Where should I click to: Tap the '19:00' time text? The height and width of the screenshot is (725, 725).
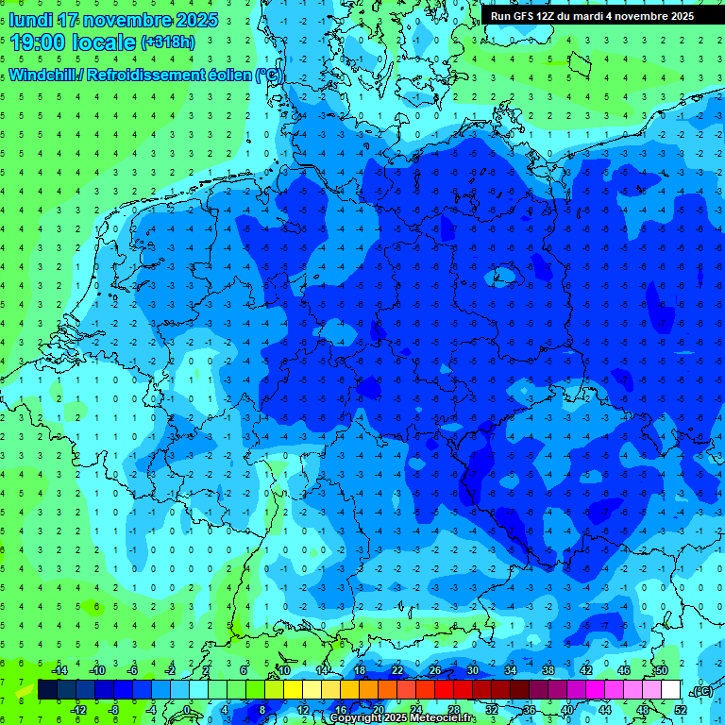click(x=42, y=42)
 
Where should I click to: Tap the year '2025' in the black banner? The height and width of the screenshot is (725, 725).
click(x=677, y=16)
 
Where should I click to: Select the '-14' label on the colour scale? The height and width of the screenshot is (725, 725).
click(x=60, y=669)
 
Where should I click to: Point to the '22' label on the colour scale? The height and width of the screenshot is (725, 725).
click(x=397, y=669)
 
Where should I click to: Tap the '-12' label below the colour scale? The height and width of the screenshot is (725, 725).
click(x=79, y=709)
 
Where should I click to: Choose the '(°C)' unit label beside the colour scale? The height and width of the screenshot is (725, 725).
click(x=700, y=691)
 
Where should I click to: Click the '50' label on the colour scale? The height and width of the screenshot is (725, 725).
click(x=662, y=669)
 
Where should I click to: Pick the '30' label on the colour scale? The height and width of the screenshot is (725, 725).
click(x=472, y=669)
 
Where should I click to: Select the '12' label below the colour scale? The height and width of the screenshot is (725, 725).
click(x=303, y=709)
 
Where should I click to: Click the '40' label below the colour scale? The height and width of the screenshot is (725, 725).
click(x=566, y=709)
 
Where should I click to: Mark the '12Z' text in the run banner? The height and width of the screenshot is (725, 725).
click(x=556, y=16)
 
